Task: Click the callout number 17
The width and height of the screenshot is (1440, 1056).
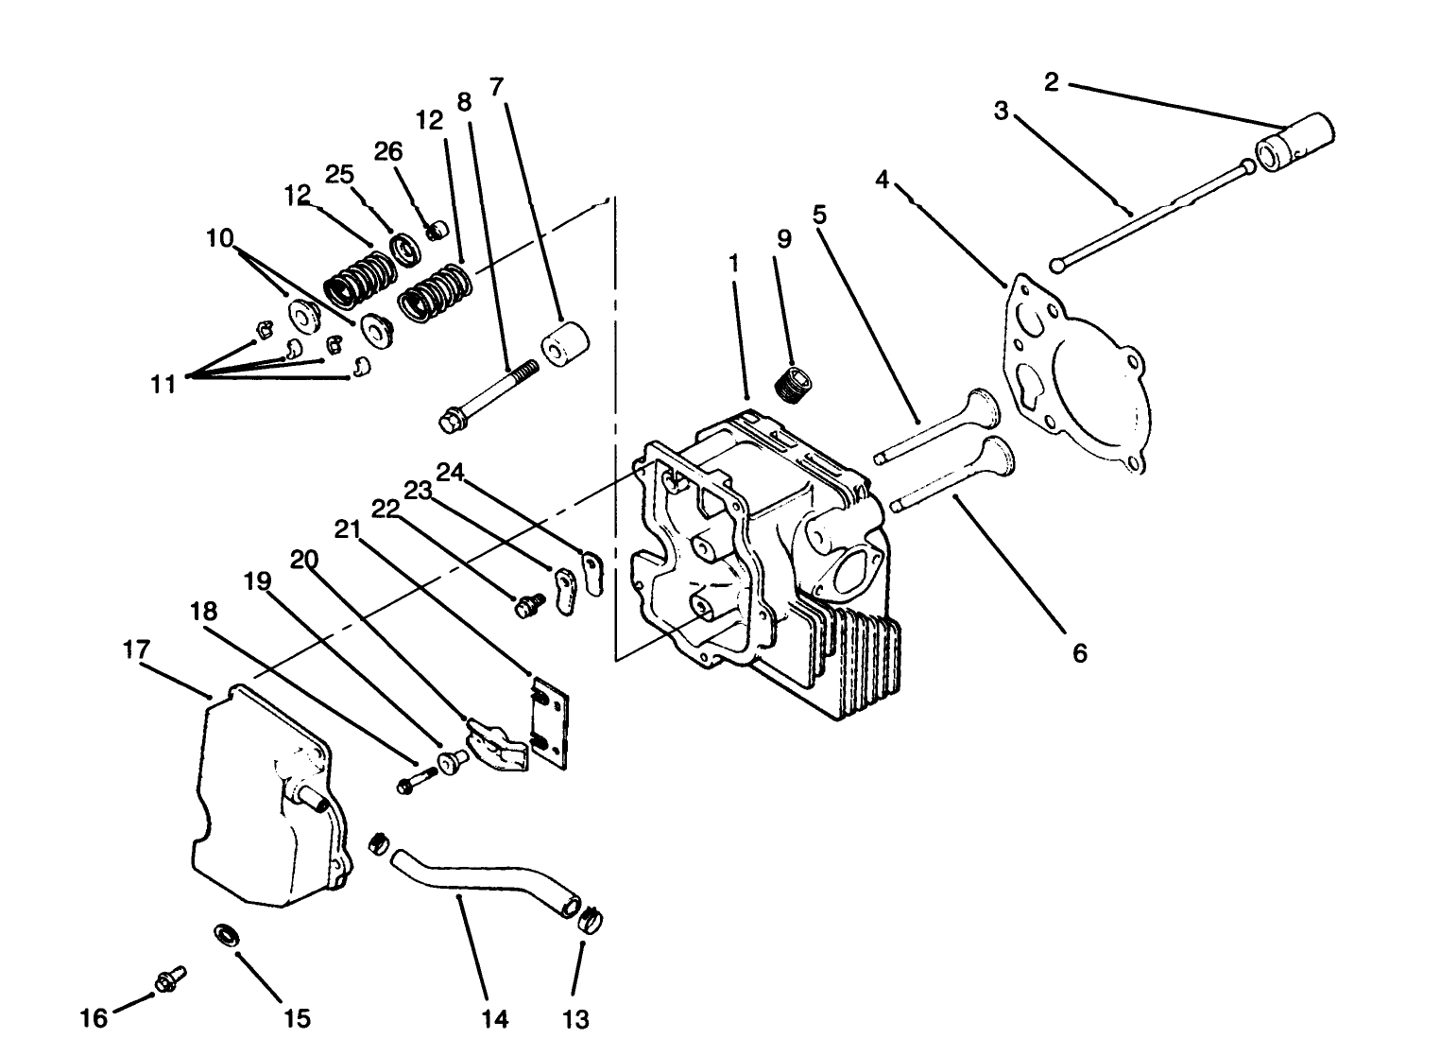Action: coord(136,650)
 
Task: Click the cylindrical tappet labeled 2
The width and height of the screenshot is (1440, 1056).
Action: coord(1293,143)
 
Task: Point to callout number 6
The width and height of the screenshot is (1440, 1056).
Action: coord(1080,652)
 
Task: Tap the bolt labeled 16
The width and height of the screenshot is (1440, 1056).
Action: coord(168,981)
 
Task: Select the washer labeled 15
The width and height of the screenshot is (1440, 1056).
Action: coord(227,936)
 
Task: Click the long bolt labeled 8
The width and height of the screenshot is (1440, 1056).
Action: coord(487,394)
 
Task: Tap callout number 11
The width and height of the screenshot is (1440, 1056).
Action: coord(163,384)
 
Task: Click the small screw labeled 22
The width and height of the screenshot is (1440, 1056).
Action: coord(528,604)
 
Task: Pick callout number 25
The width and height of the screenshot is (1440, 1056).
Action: coord(339,175)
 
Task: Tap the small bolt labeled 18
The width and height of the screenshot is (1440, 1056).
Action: coord(413,782)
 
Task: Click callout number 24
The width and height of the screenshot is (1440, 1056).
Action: coord(451,471)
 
